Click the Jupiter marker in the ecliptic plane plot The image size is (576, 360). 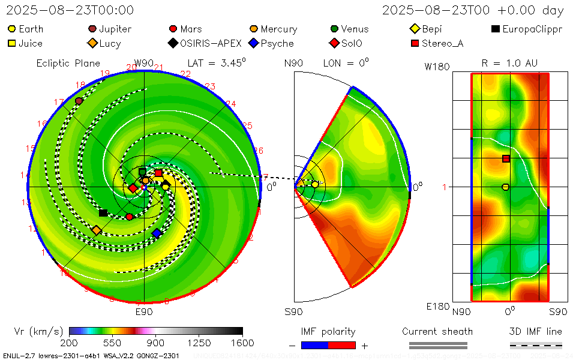tap(79, 101)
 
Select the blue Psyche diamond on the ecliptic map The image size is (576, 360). tap(157, 233)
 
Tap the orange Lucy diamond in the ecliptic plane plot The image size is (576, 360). tap(96, 230)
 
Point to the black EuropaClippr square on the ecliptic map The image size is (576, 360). tap(103, 213)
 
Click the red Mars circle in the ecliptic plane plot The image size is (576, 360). tap(130, 217)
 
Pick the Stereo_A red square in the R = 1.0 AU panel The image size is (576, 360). tap(506, 158)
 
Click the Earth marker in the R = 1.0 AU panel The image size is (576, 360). tap(505, 187)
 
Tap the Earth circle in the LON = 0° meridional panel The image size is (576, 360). tap(315, 184)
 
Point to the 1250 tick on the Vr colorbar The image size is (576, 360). tap(199, 343)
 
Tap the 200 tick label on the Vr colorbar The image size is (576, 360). tap(69, 343)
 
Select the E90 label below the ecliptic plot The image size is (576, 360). tap(143, 312)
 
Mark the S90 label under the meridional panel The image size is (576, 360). tap(293, 312)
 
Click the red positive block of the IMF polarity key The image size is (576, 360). tap(342, 345)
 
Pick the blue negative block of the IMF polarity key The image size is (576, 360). tap(314, 345)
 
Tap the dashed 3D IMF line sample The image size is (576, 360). tap(536, 345)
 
